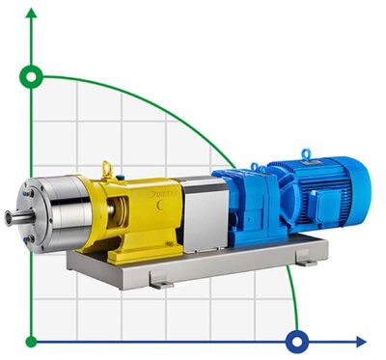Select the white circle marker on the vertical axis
coord(33,75)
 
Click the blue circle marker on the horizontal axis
coord(297,341)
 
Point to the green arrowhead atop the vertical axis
coord(33,13)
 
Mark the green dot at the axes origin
coord(33,341)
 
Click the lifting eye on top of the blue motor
coord(305,152)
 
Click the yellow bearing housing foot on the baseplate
coord(130,254)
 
